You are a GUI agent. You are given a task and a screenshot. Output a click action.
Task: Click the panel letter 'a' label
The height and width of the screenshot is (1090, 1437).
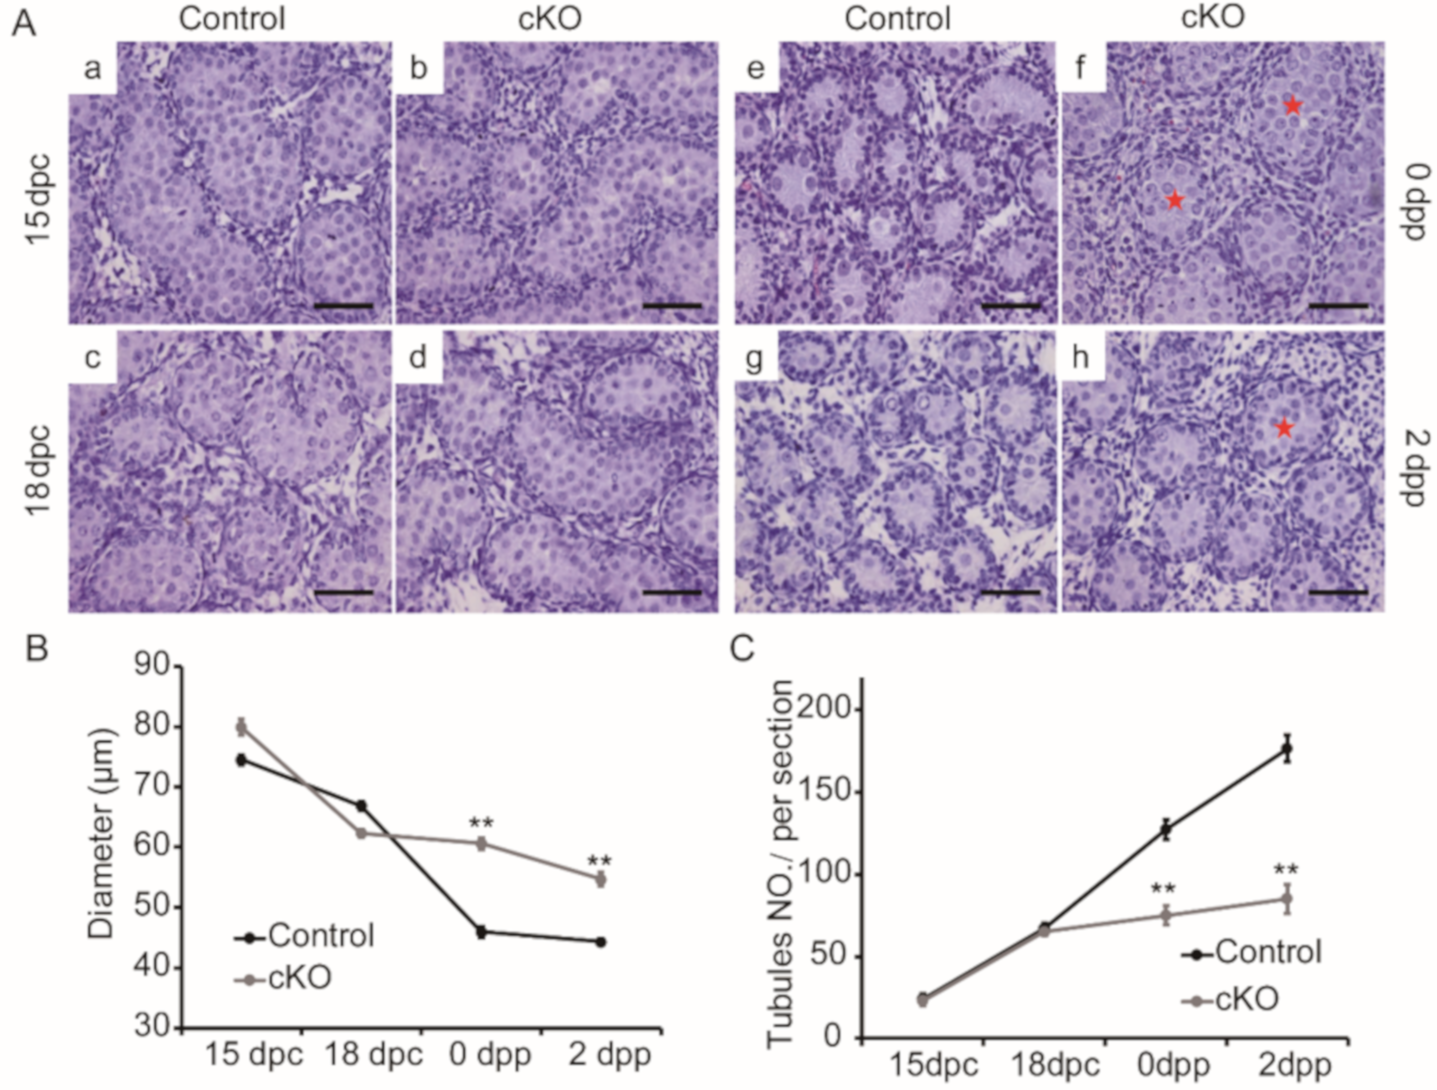92,68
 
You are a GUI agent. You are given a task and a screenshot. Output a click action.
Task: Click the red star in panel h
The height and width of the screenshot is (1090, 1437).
1284,427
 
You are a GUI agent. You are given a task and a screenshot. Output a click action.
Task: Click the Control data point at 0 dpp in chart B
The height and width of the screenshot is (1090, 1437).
481,932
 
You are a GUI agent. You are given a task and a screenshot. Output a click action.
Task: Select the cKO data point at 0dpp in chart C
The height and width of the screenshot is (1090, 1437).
1166,916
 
